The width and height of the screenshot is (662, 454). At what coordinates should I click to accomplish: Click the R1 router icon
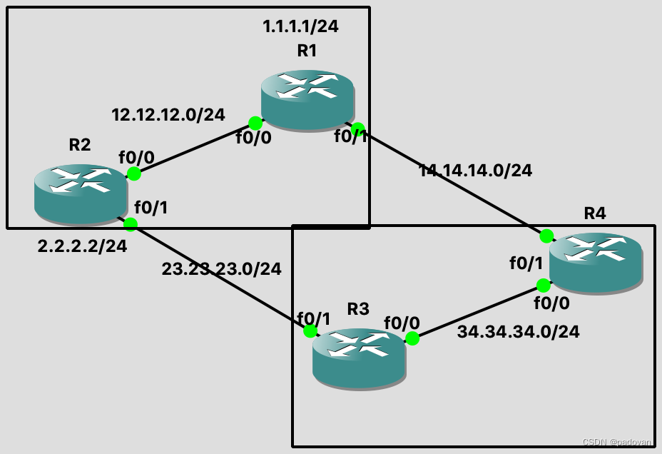(x=307, y=99)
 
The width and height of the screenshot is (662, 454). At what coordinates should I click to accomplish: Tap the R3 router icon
(x=359, y=358)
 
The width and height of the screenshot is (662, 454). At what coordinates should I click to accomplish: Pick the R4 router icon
(x=596, y=262)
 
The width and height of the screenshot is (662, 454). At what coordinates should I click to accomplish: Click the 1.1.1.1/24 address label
(x=300, y=27)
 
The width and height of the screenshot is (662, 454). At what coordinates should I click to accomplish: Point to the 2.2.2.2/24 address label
(x=82, y=247)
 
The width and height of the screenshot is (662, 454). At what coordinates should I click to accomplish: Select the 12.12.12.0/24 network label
(x=168, y=114)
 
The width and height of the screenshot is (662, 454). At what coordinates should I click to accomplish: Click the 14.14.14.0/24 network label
(x=475, y=171)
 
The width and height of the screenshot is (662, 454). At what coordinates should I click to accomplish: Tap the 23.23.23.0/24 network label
(x=221, y=269)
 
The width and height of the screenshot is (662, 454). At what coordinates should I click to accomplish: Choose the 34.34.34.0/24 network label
(x=518, y=332)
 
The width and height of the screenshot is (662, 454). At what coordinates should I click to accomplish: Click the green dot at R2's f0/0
(x=133, y=173)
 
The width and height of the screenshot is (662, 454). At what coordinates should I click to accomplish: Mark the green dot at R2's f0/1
(x=131, y=225)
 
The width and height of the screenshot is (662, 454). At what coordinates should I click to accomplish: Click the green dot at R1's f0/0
(x=255, y=123)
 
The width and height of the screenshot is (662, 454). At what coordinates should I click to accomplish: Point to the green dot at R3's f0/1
(x=310, y=331)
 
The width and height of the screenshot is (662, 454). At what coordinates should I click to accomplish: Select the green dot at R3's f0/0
(x=412, y=338)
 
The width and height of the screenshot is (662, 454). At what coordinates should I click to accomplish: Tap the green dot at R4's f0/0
(x=543, y=286)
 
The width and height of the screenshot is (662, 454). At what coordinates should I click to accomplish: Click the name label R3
(x=358, y=309)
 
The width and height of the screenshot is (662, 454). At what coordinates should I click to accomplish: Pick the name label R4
(x=595, y=213)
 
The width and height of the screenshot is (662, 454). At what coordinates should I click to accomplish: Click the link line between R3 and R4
(x=478, y=312)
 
